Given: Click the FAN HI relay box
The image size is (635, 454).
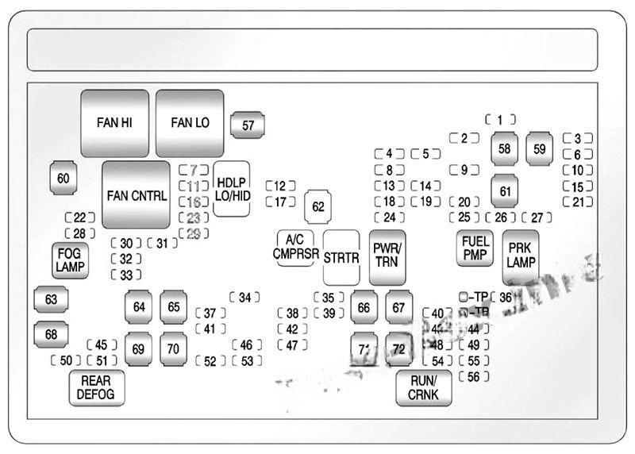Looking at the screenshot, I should click(x=115, y=123).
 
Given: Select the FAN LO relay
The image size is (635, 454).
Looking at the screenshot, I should click(x=190, y=123).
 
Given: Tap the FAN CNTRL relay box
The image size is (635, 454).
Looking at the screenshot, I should click(x=136, y=195).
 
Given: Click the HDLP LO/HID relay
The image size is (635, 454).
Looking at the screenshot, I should click(x=232, y=189).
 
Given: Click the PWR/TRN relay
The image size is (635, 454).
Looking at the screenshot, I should click(x=387, y=257).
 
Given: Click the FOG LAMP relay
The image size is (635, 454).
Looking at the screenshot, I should click(x=71, y=260).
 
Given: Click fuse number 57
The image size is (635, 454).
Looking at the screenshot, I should click(x=248, y=125).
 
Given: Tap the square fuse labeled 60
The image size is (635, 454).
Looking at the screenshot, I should click(x=63, y=179).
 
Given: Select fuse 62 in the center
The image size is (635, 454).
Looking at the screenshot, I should click(x=318, y=207).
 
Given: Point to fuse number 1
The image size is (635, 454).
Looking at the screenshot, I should click(x=500, y=120).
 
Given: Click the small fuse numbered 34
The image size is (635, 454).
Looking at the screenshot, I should click(x=244, y=298).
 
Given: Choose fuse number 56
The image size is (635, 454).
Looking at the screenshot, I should click(x=474, y=376).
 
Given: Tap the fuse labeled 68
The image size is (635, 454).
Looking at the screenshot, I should click(x=51, y=334).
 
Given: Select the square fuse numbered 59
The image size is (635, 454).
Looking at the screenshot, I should click(x=540, y=148).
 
